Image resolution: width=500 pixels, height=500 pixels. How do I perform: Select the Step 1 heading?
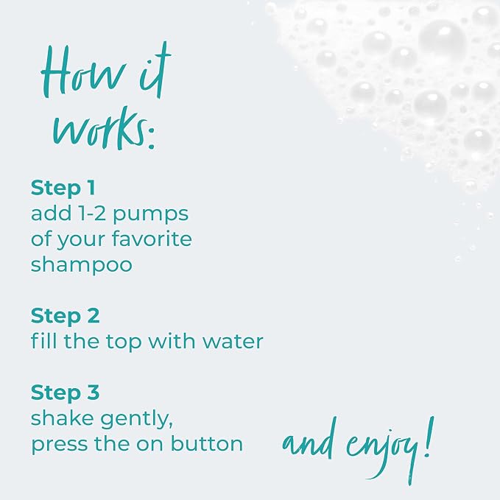(63, 188)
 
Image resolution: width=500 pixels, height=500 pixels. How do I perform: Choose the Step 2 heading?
(66, 316)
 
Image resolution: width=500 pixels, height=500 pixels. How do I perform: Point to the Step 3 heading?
(66, 392)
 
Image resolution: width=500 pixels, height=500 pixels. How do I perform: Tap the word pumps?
(151, 215)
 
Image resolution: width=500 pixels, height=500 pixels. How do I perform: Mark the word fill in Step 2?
(44, 340)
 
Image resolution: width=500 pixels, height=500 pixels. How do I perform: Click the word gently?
(137, 420)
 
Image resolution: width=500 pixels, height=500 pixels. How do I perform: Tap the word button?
(207, 444)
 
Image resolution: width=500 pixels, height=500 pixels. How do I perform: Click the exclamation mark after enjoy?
(429, 437)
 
